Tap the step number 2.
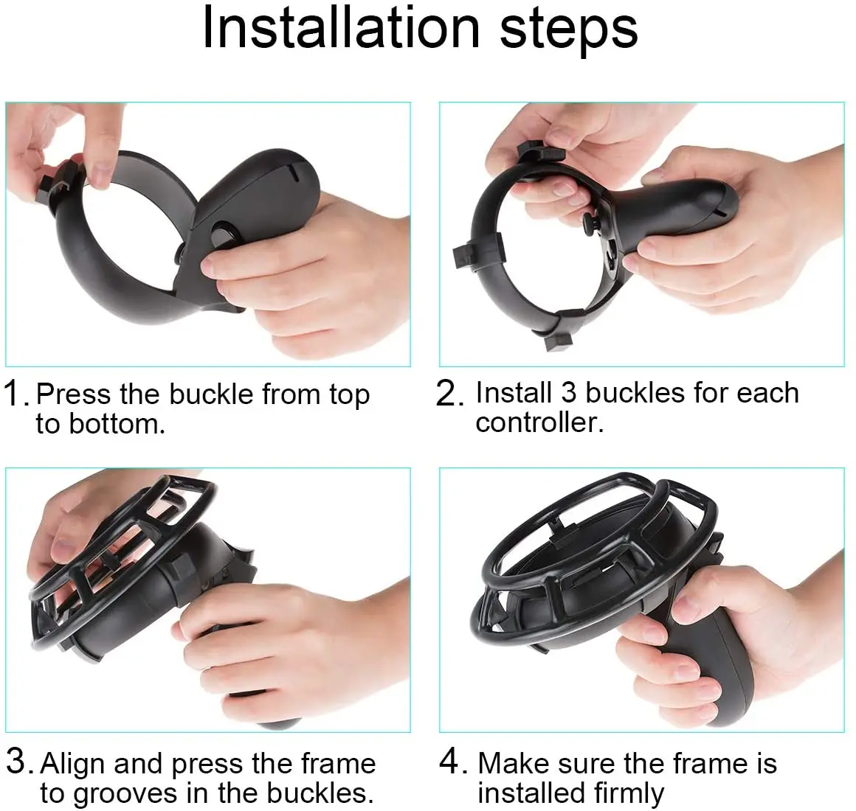click(x=449, y=394)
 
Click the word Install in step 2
click(x=514, y=393)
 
